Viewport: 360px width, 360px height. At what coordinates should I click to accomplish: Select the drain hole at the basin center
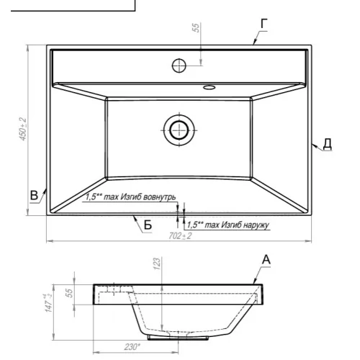tap(179, 130)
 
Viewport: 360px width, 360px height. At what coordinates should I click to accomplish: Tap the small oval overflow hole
tap(210, 87)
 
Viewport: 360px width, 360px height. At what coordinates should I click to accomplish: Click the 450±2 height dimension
tap(23, 129)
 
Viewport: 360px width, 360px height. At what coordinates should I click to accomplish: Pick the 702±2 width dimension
tap(180, 236)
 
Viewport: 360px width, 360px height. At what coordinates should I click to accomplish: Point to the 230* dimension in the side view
tap(132, 347)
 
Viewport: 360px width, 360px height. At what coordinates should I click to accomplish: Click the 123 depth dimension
tap(156, 264)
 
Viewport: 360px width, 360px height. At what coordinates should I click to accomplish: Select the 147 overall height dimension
tap(49, 302)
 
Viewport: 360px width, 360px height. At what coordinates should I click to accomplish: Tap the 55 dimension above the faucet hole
tap(196, 27)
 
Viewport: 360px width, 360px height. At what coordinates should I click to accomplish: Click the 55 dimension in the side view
tap(69, 293)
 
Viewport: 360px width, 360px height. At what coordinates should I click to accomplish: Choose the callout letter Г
tap(264, 24)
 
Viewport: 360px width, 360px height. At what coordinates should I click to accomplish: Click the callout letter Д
tap(327, 144)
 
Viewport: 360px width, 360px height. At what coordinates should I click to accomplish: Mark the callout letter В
tap(34, 195)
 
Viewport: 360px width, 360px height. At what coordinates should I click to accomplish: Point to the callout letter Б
tap(148, 225)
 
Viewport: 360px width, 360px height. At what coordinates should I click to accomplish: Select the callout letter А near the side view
tap(266, 259)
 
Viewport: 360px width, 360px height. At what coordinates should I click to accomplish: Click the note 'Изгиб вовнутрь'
tap(148, 197)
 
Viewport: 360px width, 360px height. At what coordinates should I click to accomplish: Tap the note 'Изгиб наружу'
tap(245, 225)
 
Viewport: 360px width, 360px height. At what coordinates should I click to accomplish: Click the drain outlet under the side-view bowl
tap(178, 338)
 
